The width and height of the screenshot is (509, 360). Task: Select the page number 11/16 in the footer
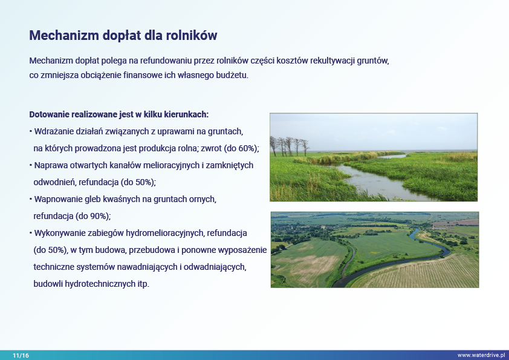tap(21, 355)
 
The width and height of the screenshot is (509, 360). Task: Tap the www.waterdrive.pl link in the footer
tap(481, 355)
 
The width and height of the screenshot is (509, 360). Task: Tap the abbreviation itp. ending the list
tap(143, 284)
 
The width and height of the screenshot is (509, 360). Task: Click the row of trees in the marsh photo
tap(289, 146)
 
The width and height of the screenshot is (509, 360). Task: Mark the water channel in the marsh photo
tap(374, 180)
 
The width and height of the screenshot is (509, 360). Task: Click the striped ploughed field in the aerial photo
tap(419, 271)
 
